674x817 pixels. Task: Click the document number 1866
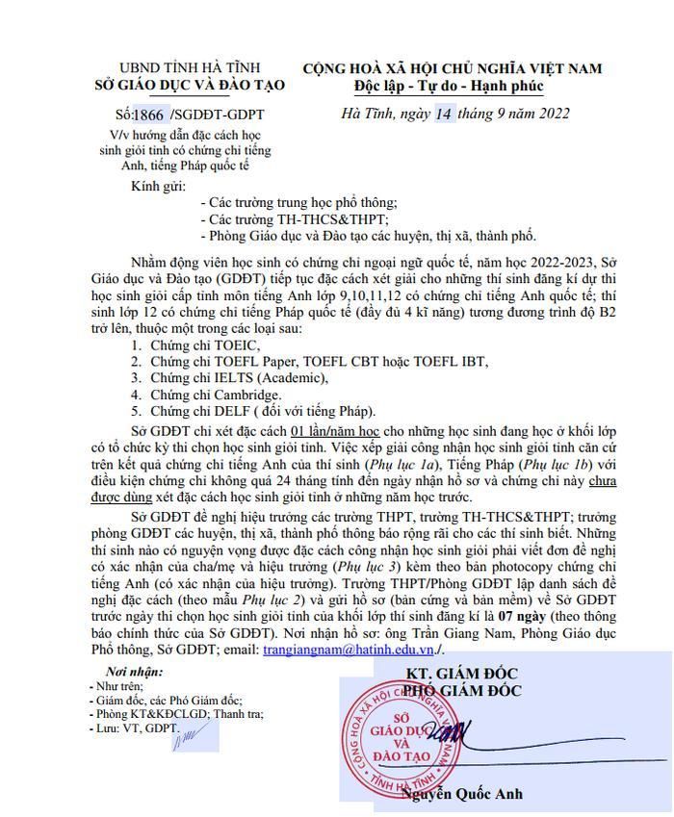pyautogui.click(x=150, y=114)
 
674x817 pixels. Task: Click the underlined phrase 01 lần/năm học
pyautogui.click(x=335, y=430)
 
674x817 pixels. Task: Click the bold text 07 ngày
pyautogui.click(x=528, y=615)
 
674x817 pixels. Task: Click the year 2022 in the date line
pyautogui.click(x=550, y=114)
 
